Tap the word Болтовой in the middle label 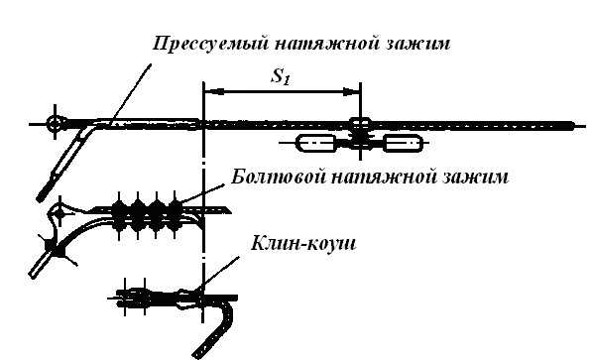(278, 177)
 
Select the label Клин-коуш (303, 243)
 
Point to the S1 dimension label (281, 76)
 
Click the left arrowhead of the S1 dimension (214, 91)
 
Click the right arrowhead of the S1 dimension (350, 91)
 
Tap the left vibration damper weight (316, 143)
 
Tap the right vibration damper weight (403, 143)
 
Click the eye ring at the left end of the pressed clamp (56, 123)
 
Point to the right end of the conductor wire (573, 125)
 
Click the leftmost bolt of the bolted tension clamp (120, 215)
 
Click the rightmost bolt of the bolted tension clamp (175, 215)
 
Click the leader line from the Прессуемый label (131, 93)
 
